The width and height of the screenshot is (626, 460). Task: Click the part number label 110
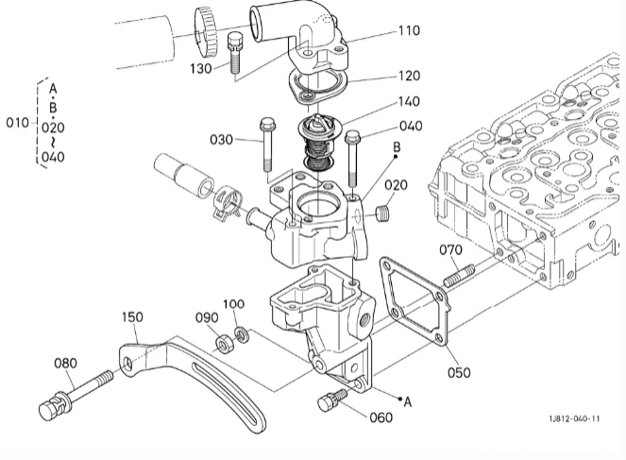pos(409,31)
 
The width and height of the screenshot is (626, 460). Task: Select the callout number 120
pos(410,76)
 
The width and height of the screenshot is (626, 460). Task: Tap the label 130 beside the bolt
pos(201,69)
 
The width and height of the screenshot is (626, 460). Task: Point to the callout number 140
pos(409,101)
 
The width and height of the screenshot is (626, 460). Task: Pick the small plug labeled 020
pos(383,213)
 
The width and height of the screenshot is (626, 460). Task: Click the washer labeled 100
pos(242,334)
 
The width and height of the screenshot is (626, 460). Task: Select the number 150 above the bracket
pos(132,317)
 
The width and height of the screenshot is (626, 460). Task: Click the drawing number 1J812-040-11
pos(574,418)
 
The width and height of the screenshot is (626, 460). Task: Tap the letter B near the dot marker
pos(397,146)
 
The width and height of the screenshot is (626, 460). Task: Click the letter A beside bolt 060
pos(407,401)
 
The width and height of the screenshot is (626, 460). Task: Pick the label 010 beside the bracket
pos(18,123)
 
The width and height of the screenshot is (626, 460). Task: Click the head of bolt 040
pos(352,137)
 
